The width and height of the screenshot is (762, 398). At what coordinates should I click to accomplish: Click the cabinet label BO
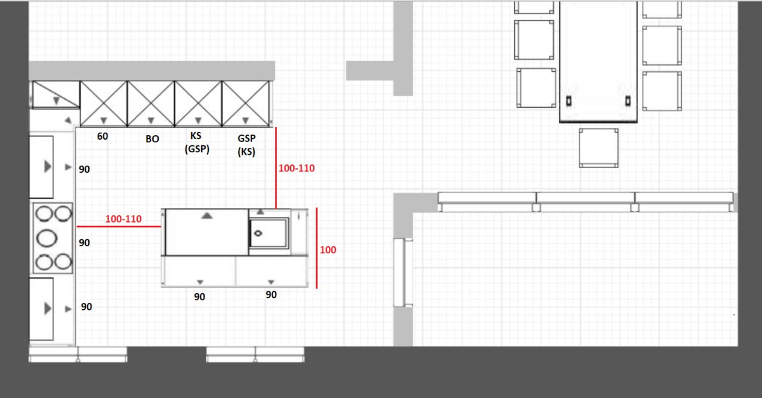pos(152,139)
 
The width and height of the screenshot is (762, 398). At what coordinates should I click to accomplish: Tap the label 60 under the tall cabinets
pos(102,136)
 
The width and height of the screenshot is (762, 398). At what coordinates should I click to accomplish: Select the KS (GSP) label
pos(197,142)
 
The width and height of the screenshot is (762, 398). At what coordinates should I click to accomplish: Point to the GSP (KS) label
pos(246,145)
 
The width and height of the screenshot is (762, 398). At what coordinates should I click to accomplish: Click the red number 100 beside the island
pos(328,250)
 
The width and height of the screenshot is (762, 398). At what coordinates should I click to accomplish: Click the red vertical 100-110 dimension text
pos(297,168)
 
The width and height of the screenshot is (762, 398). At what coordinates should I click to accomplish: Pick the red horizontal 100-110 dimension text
pos(123,219)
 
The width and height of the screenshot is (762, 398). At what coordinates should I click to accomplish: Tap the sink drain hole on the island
pos(258,234)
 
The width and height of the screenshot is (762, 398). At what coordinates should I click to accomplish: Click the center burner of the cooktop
pos(46,238)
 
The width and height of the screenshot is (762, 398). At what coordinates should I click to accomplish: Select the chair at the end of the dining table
pos(599,148)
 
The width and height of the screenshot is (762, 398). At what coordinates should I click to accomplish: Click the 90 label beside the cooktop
pos(84,242)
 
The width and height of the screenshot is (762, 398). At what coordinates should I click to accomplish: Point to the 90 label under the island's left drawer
pos(199,296)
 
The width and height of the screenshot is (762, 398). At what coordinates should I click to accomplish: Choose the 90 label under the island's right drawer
pos(271,295)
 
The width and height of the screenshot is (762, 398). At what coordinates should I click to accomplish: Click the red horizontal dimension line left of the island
pos(119,226)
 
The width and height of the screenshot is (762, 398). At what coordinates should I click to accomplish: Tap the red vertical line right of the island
pos(317,248)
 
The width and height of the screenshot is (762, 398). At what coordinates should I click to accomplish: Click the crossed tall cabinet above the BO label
pos(150,103)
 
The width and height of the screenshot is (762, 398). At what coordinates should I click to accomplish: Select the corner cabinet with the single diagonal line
pos(56,95)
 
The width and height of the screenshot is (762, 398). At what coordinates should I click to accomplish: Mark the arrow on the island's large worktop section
pos(207,215)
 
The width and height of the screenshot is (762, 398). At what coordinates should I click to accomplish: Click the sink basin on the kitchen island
pos(269,233)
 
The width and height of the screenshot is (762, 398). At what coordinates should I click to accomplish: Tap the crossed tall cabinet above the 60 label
pos(104,103)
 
